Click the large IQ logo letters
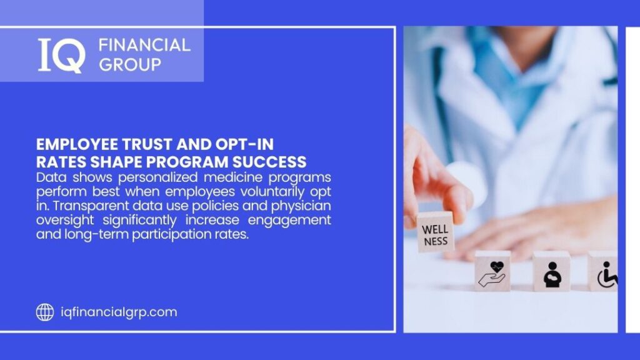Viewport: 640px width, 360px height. tap(61, 55)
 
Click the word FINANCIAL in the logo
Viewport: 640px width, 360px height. tap(144, 45)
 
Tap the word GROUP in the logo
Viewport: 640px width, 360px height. tap(129, 64)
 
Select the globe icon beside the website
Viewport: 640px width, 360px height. tap(44, 312)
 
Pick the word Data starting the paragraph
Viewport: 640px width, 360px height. tap(49, 177)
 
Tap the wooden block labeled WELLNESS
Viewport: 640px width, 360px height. tap(435, 231)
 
